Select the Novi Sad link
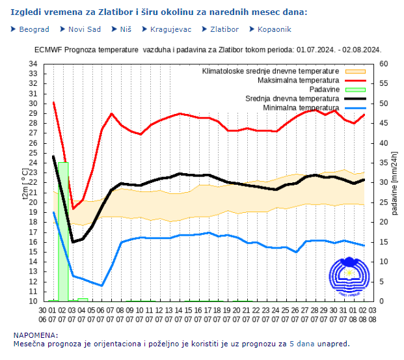point(84,29)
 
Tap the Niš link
point(126,29)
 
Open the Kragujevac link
point(170,29)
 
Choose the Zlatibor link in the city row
point(224,29)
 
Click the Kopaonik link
point(274,29)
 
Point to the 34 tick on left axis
point(33,64)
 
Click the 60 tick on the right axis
point(383,64)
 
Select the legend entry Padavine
point(324,89)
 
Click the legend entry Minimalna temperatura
point(301,107)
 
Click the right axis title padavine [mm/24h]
point(394,182)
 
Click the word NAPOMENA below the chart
point(33,335)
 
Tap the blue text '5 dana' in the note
point(303,344)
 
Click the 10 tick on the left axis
point(33,301)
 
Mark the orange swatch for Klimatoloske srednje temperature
point(355,70)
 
